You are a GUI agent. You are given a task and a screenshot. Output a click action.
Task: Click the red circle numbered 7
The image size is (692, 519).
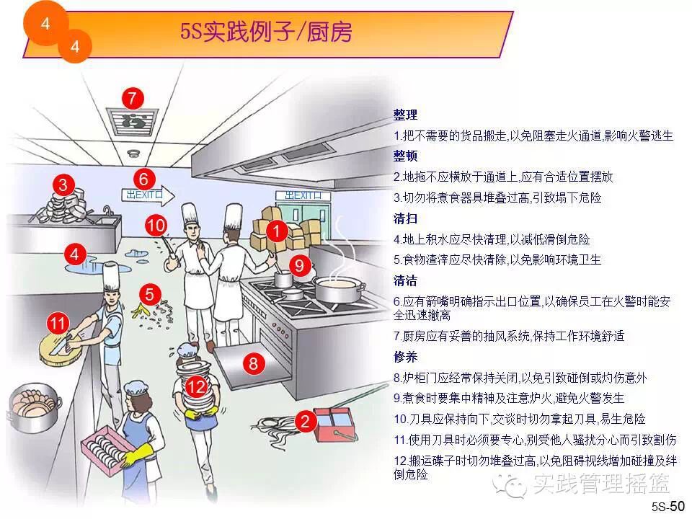[133, 98]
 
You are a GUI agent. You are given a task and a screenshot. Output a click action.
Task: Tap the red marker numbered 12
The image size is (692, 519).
[196, 387]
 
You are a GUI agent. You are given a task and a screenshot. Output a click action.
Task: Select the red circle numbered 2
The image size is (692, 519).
[306, 420]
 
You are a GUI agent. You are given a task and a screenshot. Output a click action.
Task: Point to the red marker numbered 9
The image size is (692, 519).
[301, 265]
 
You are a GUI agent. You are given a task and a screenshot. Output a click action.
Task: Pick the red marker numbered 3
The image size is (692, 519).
[63, 185]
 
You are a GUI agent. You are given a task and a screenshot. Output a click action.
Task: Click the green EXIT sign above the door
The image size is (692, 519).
[302, 195]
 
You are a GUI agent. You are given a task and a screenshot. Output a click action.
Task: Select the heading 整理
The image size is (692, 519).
[405, 115]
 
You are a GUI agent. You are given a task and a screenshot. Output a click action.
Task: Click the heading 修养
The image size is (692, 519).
[405, 356]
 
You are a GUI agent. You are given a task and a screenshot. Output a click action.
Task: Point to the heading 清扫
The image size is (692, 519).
[405, 218]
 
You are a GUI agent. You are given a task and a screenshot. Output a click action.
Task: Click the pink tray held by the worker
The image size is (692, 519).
[108, 447]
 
